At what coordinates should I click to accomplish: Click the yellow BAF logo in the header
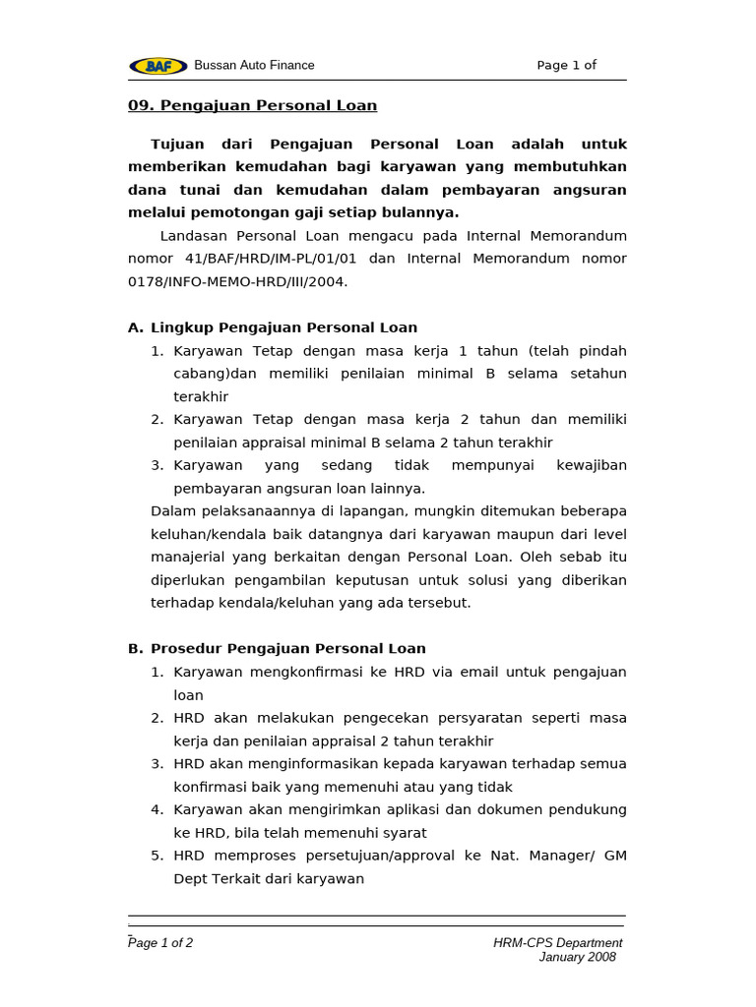157,66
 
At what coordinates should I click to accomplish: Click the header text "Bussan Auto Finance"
254,65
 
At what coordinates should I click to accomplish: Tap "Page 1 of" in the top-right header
566,66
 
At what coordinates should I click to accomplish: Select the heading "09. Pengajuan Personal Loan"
252,105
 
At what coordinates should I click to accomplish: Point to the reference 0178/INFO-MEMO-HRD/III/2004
237,281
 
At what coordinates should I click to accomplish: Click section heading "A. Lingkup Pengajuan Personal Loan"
273,327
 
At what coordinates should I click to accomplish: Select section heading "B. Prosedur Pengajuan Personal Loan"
277,649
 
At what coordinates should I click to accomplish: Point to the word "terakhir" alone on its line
201,396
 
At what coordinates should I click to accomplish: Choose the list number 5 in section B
157,856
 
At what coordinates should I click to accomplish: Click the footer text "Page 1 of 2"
161,942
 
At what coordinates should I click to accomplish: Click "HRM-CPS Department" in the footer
557,942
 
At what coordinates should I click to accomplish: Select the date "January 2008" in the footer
577,957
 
